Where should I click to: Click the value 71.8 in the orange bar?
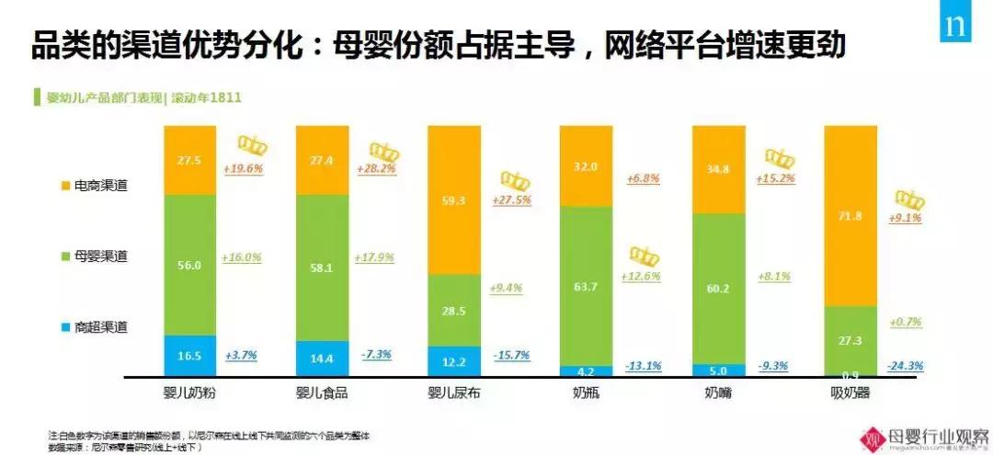(850, 215)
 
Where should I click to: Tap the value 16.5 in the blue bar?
(189, 354)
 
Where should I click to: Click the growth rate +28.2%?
(381, 169)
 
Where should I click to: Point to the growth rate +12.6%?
(642, 277)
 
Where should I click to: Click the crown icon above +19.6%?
(252, 144)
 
